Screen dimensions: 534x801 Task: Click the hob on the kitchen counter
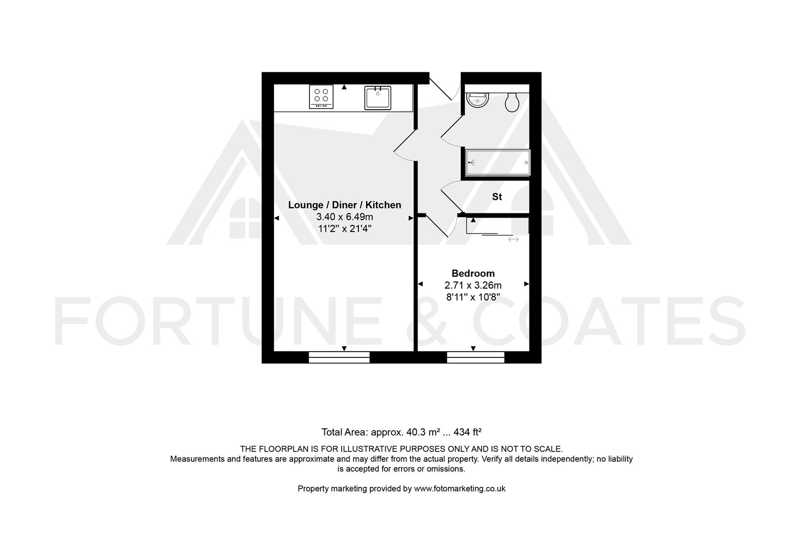click(321, 96)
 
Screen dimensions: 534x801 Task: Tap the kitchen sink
click(378, 97)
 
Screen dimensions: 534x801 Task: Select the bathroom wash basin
click(478, 100)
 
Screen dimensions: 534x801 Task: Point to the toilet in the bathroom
click(512, 102)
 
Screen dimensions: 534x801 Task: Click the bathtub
click(497, 163)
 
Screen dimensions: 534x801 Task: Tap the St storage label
click(497, 197)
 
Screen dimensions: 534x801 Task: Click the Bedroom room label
click(473, 273)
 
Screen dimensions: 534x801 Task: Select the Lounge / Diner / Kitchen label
click(345, 205)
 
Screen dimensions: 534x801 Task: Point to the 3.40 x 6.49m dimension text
click(345, 217)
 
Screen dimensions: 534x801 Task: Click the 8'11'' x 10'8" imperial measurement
click(473, 298)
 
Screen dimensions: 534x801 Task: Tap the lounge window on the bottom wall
click(339, 357)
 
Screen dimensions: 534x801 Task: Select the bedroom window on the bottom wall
click(475, 357)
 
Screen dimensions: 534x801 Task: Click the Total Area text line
click(401, 432)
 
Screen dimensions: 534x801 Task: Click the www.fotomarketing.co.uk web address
click(459, 489)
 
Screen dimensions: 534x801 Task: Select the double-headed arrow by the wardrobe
click(513, 239)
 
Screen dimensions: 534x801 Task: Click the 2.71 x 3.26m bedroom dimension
click(473, 285)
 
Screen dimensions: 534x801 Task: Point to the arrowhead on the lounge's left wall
click(277, 218)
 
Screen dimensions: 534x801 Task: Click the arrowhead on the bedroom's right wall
click(527, 284)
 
